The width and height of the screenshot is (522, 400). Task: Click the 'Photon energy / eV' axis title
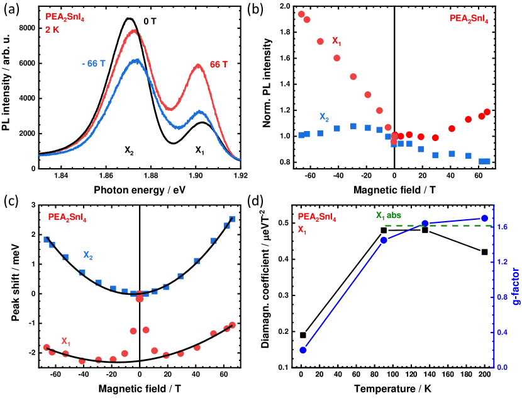point(139,189)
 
